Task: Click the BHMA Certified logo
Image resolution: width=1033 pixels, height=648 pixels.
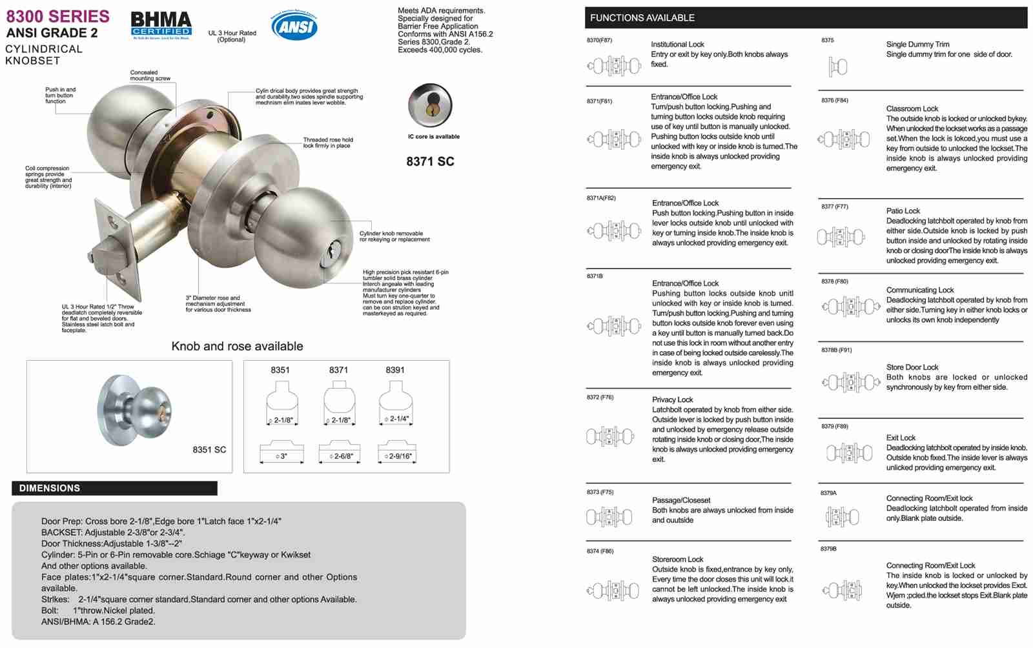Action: pos(161,25)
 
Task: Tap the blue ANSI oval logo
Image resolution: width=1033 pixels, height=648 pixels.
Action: pos(294,26)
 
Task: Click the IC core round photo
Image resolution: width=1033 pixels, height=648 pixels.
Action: pos(430,105)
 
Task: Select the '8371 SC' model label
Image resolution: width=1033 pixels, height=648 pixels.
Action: pos(430,161)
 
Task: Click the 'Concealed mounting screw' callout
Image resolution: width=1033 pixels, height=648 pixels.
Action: pos(150,76)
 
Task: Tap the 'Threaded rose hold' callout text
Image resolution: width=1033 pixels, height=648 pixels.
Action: pos(328,143)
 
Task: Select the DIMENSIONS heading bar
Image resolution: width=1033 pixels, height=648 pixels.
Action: pos(114,488)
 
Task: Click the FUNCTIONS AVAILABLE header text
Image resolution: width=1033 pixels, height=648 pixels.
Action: pos(642,17)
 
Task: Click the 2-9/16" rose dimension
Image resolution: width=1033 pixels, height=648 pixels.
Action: pos(398,456)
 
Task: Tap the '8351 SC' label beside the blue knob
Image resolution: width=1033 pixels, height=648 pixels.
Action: pos(209,449)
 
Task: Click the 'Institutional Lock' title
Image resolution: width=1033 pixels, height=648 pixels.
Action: pos(677,45)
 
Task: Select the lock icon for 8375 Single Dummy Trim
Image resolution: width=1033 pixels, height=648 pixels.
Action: pos(837,66)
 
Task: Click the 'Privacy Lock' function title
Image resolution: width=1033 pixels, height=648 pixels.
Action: pos(672,400)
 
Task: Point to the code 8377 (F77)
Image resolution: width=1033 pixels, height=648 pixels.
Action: pos(835,207)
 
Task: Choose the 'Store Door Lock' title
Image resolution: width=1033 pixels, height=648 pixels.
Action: pos(912,367)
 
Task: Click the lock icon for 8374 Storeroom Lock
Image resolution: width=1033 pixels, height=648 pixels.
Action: pos(613,590)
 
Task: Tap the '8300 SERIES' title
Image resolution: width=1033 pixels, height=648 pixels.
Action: pos(58,16)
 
